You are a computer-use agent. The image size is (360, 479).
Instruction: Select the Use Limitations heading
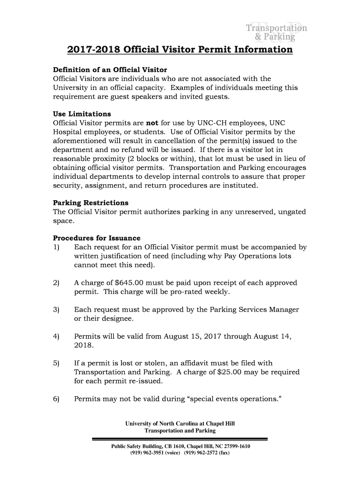[82, 114]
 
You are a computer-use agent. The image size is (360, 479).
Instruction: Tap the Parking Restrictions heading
[91, 203]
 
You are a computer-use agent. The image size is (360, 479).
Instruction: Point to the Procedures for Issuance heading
[97, 238]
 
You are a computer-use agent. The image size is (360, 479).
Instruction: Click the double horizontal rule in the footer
[180, 439]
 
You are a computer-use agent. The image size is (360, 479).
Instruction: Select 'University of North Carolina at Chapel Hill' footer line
[180, 424]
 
